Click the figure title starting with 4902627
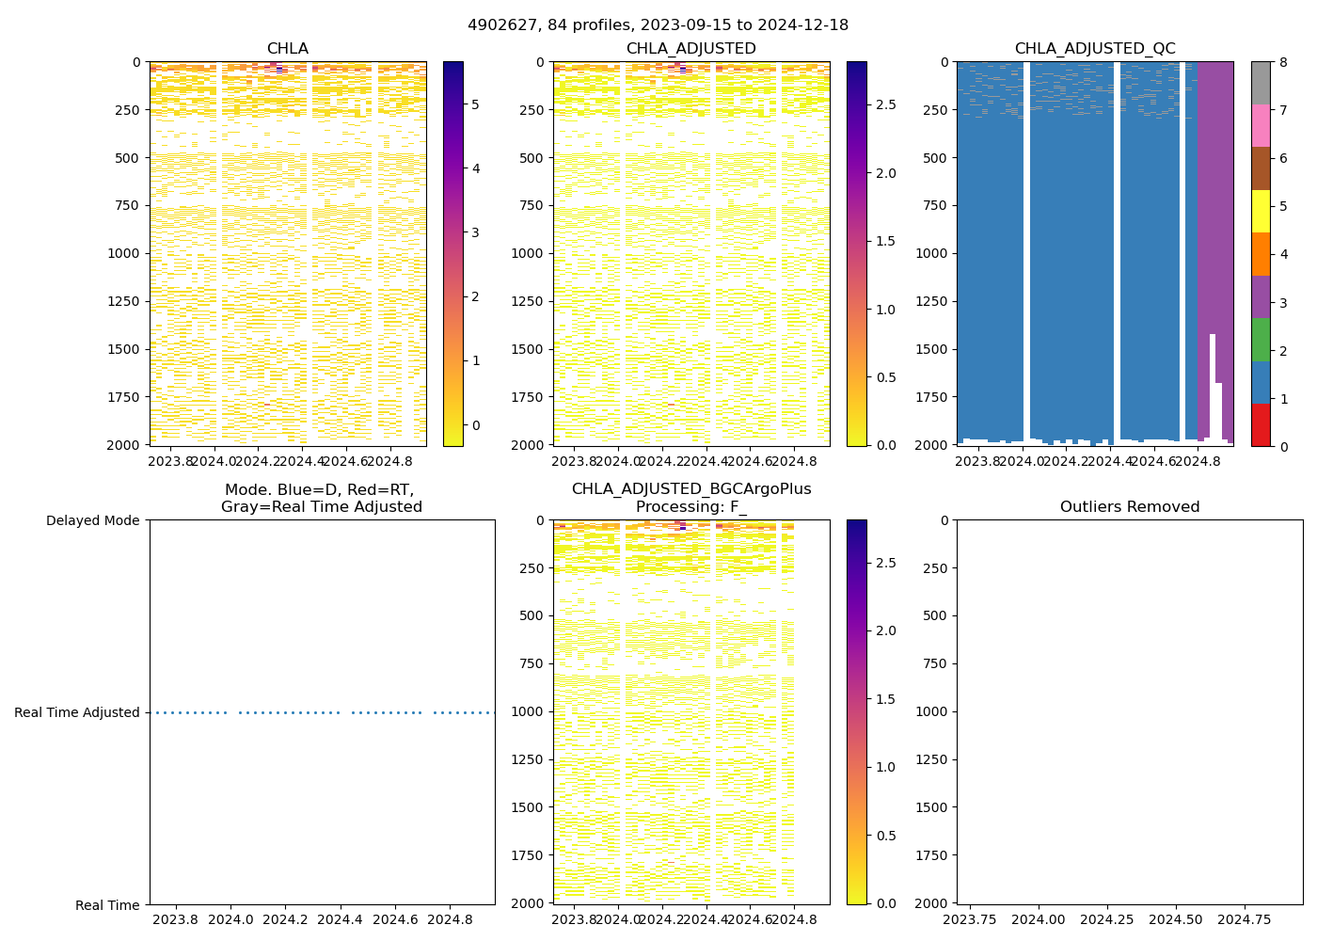pos(658,25)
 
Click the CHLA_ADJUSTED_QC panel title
pos(1094,49)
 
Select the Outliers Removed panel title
pos(1129,507)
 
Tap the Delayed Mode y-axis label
pos(92,520)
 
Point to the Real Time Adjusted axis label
pos(77,712)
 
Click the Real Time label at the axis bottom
pos(107,905)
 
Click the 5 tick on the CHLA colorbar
pos(475,104)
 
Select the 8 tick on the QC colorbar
pos(1281,62)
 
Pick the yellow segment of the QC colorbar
pos(1261,211)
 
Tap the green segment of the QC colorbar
pos(1261,340)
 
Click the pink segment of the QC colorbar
pos(1261,125)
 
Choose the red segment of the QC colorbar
pos(1261,425)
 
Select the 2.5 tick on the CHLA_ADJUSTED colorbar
pos(886,104)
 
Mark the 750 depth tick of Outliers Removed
pos(937,663)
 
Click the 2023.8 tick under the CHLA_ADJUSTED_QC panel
pos(977,462)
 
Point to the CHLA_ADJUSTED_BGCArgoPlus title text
pos(690,489)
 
